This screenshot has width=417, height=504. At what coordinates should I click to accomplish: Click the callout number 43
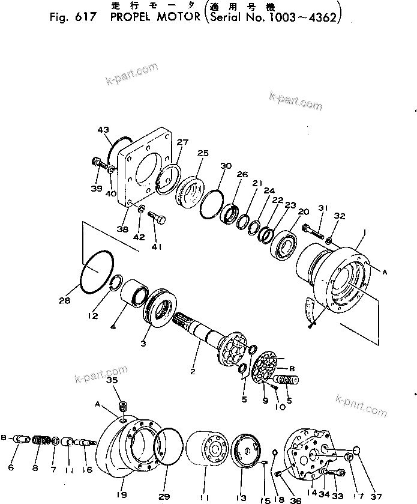click(x=103, y=129)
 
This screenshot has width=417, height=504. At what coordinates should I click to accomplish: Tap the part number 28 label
click(x=65, y=300)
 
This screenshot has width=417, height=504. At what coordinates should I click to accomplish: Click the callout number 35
click(x=112, y=381)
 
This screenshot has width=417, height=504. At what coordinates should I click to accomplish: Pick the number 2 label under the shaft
click(x=193, y=372)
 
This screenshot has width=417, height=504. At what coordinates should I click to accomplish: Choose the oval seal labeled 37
click(x=355, y=450)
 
